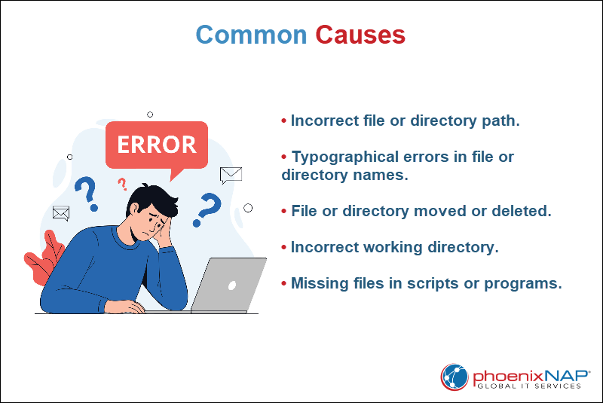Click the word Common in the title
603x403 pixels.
pyautogui.click(x=251, y=35)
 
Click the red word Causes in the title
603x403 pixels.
pyautogui.click(x=360, y=35)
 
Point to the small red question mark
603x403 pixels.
pyautogui.click(x=122, y=184)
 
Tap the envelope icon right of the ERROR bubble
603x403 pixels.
pyautogui.click(x=231, y=176)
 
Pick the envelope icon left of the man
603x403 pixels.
pyautogui.click(x=61, y=213)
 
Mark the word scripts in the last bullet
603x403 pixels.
pyautogui.click(x=445, y=283)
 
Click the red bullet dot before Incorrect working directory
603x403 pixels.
pyautogui.click(x=284, y=247)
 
